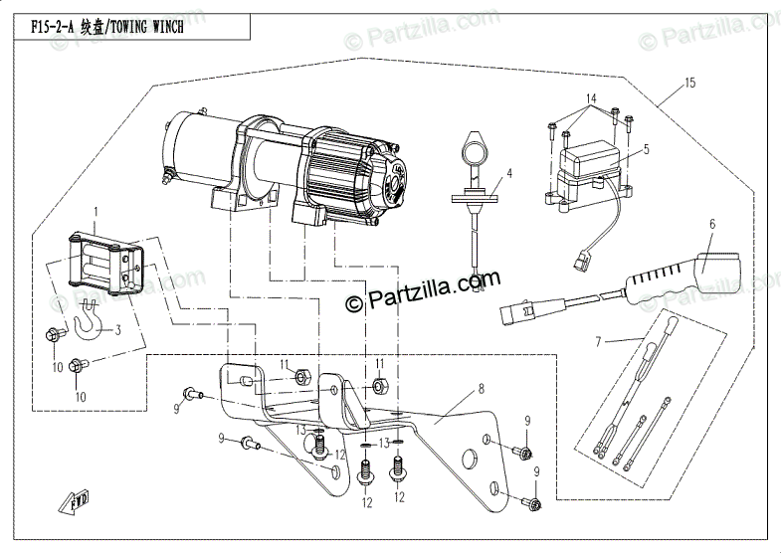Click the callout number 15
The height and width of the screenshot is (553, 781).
click(x=689, y=86)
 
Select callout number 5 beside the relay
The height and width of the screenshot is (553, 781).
click(x=646, y=149)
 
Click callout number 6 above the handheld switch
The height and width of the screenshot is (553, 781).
click(x=712, y=225)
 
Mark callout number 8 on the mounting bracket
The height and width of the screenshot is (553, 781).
click(x=481, y=389)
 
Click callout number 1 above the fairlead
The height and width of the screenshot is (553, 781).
click(x=97, y=212)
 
